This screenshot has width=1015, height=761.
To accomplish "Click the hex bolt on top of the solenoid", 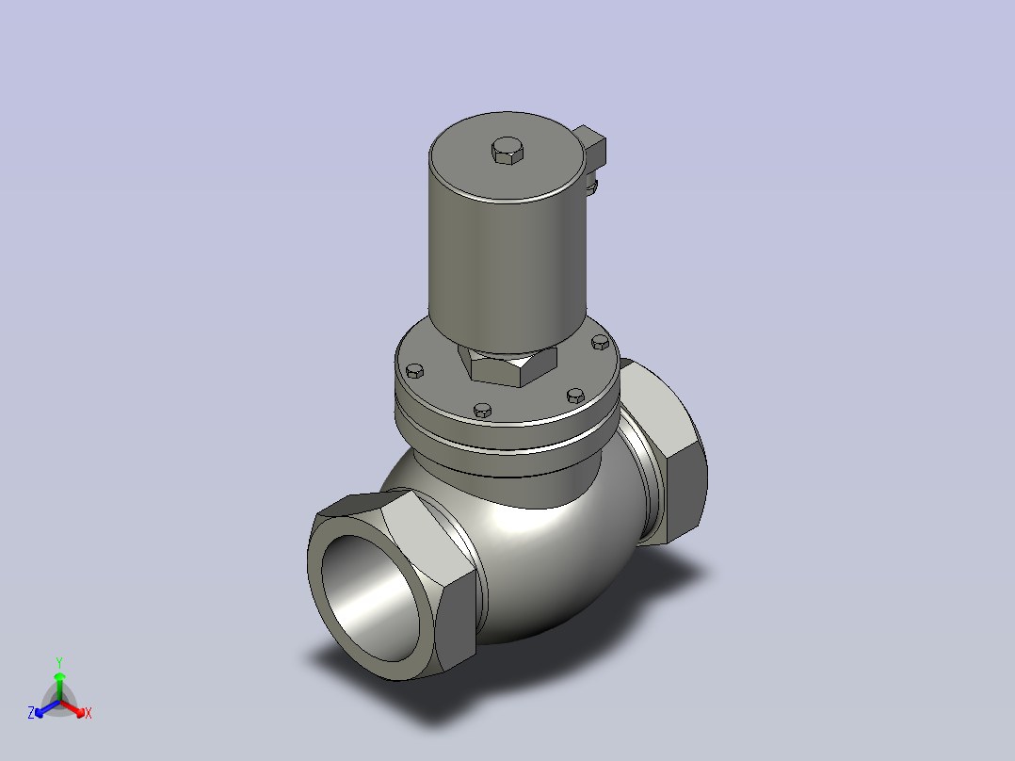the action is [x=507, y=151].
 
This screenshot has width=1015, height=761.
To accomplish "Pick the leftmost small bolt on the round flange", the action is [x=415, y=370].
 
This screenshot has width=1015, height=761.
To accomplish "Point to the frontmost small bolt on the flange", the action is [x=483, y=410].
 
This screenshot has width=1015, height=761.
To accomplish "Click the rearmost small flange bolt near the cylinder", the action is [x=601, y=342].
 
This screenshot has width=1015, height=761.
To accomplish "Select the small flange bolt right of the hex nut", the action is [x=575, y=395].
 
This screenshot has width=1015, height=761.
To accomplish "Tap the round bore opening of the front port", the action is [x=370, y=597].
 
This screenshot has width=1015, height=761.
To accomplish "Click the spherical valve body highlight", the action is [x=518, y=518].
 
